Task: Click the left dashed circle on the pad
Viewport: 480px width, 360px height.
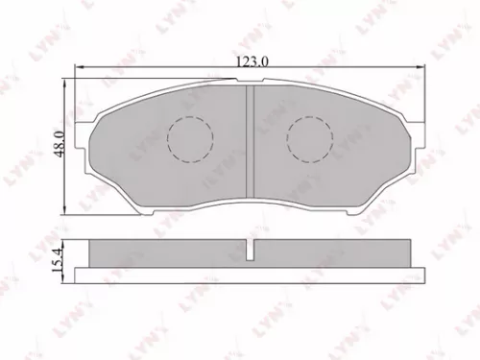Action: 188,138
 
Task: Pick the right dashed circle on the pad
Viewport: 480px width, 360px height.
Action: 309,138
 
